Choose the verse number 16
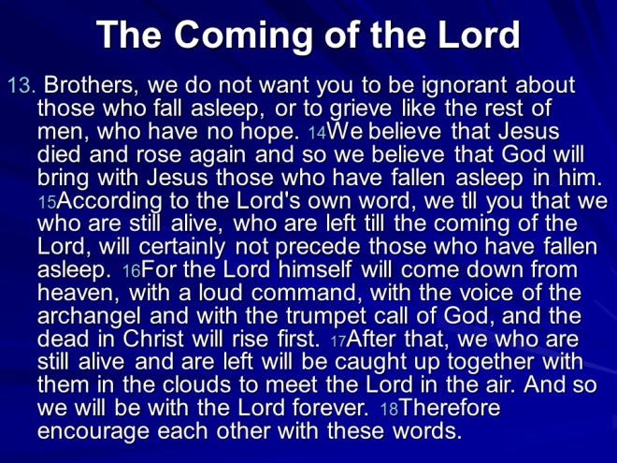133,270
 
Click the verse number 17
338,339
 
